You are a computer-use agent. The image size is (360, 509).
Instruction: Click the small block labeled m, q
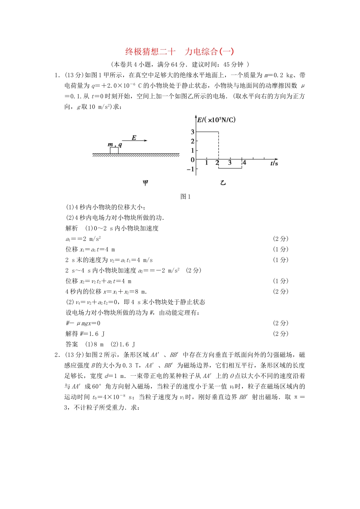click(114, 150)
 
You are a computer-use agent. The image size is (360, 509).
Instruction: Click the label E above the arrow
click(134, 137)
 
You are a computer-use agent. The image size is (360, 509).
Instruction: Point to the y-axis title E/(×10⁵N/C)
click(216, 120)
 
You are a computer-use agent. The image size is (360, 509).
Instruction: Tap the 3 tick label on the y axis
click(193, 132)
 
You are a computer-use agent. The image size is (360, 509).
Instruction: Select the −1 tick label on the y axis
click(191, 169)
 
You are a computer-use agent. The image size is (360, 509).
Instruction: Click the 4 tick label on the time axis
click(244, 163)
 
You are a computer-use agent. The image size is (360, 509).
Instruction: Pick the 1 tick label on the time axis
click(207, 163)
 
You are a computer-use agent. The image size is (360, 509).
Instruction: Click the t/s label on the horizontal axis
click(274, 163)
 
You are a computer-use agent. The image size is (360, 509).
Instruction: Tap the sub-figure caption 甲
click(145, 183)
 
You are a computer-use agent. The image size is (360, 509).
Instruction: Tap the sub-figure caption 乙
click(223, 183)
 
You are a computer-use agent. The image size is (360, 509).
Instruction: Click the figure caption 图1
click(185, 196)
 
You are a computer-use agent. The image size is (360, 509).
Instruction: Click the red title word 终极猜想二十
click(150, 52)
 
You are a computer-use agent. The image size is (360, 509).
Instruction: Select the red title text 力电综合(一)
click(209, 52)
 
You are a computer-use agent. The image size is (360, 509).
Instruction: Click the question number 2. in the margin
click(57, 355)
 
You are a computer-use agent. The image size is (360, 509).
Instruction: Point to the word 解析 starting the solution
click(72, 228)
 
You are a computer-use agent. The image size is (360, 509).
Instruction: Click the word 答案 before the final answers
click(72, 344)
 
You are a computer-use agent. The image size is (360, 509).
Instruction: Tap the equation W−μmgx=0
click(83, 323)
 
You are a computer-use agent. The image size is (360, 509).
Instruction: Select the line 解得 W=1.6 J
click(85, 334)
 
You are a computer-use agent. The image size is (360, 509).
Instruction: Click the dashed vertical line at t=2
click(219, 146)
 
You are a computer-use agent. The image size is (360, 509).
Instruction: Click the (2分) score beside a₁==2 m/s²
click(280, 239)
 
